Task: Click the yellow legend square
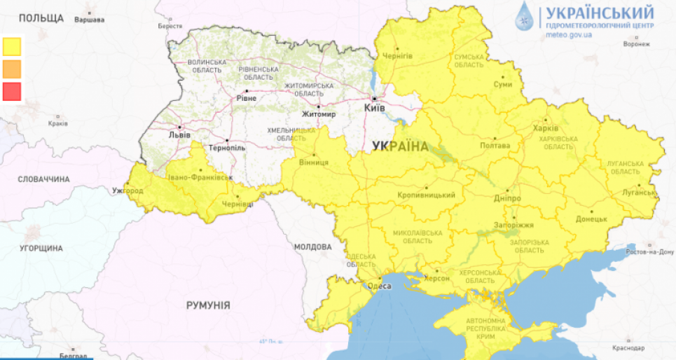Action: (12, 46)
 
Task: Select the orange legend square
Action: (12, 69)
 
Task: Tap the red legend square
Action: (12, 91)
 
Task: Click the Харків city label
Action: (545, 129)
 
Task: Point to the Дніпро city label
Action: (507, 198)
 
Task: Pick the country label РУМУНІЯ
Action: (208, 305)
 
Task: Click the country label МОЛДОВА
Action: (312, 247)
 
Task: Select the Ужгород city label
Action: (127, 191)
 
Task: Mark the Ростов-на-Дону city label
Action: (650, 251)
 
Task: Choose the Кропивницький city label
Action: (426, 195)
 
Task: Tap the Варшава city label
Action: (89, 20)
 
